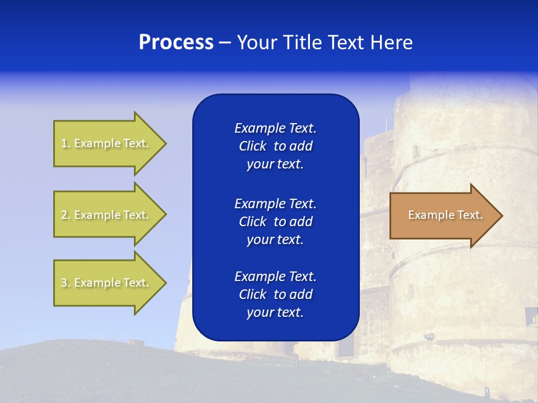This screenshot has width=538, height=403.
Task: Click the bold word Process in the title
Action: tap(176, 43)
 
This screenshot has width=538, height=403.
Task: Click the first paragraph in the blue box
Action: tap(275, 146)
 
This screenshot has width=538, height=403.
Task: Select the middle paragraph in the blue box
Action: tap(275, 221)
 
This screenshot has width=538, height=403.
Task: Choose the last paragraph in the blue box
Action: tap(275, 294)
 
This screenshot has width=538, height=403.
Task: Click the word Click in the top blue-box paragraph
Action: tap(253, 146)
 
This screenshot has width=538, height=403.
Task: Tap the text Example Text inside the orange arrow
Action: tap(445, 215)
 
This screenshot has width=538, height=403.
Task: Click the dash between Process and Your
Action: tap(225, 43)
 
